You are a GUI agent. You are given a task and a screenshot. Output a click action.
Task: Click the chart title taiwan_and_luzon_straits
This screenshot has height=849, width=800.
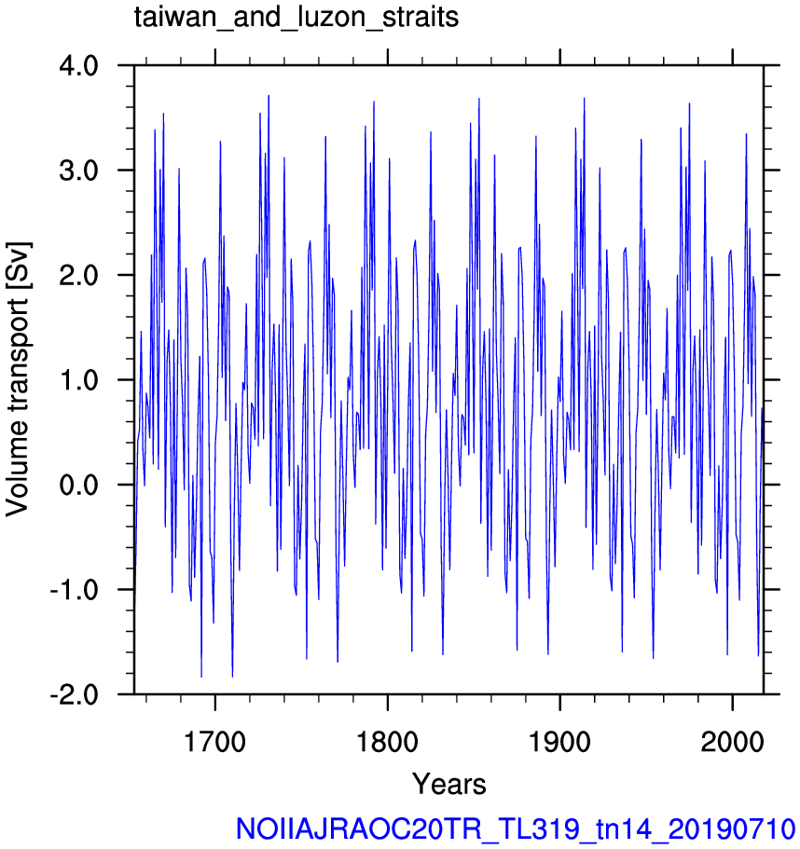(297, 18)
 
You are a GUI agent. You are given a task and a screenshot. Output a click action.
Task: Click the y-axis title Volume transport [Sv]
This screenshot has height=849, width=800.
(18, 379)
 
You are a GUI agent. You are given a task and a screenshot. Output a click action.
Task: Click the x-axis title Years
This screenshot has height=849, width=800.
(449, 784)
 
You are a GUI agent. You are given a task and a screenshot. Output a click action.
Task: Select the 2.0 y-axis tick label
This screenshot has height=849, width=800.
(78, 275)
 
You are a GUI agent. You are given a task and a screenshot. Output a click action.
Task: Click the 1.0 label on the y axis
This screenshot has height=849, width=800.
(78, 379)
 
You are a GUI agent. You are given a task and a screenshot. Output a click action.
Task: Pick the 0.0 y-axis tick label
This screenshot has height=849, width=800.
(78, 485)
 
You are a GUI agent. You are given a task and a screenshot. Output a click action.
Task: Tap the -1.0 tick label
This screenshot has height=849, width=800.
(75, 589)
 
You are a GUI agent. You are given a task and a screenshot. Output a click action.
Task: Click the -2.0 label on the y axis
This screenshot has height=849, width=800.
(75, 694)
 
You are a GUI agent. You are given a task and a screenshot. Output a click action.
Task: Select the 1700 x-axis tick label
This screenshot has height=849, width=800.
(215, 742)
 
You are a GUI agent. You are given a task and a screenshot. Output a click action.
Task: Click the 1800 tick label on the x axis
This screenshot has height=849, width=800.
(387, 742)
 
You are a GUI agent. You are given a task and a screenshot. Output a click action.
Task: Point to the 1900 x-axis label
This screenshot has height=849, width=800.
(559, 742)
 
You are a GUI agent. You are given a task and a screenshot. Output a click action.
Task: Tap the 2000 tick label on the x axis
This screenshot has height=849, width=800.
(732, 742)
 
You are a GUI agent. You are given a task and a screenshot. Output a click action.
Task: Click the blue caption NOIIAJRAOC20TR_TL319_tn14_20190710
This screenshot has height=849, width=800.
(516, 829)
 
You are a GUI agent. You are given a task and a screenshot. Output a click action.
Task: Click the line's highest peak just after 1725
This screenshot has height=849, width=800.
(269, 96)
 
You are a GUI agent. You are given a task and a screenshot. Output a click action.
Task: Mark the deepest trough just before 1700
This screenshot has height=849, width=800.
(201, 677)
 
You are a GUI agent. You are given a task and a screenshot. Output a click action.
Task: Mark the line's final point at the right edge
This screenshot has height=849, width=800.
(763, 407)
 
